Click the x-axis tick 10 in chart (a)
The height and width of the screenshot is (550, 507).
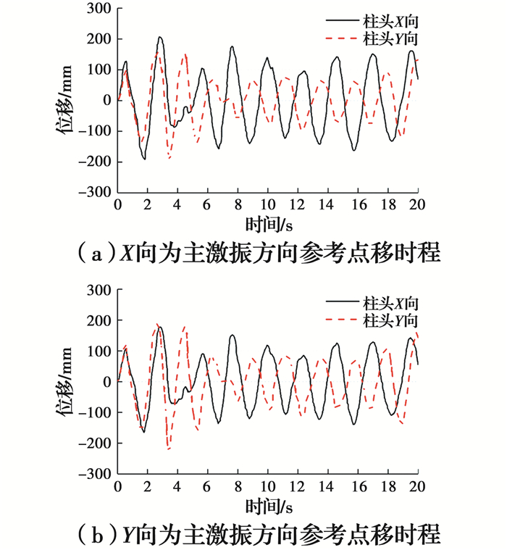click(x=268, y=204)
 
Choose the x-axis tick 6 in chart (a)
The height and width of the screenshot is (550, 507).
click(x=208, y=204)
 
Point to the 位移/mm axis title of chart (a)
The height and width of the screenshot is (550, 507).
click(x=64, y=101)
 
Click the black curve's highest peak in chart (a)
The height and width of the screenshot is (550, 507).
click(x=160, y=37)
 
